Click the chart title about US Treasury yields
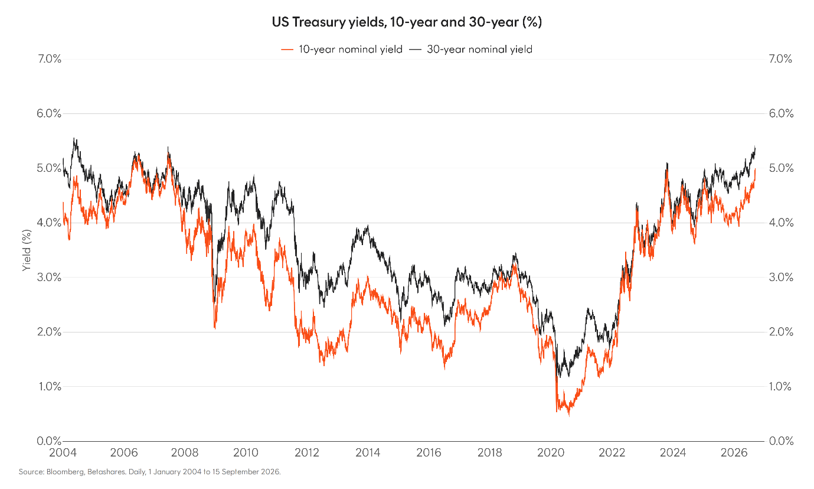tap(407, 22)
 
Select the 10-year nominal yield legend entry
tap(342, 50)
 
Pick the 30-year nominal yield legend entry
tap(470, 50)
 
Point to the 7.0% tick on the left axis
tap(50, 59)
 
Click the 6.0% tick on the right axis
tap(781, 113)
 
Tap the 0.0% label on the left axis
tap(49, 441)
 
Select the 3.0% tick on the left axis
tap(49, 278)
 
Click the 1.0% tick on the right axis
tap(780, 386)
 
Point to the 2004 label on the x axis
tap(63, 452)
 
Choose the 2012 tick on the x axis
tap(308, 452)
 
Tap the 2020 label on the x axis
tap(551, 452)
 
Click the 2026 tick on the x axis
tap(734, 452)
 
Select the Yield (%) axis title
tap(26, 250)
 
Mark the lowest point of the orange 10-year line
tap(569, 416)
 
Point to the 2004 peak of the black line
tap(74, 138)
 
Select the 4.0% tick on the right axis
tap(781, 223)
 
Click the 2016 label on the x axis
tap(429, 452)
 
